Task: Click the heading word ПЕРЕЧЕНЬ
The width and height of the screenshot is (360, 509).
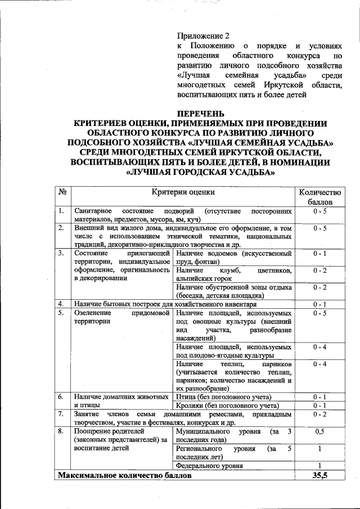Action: coord(200,112)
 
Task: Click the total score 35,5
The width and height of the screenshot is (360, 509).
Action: coord(319,476)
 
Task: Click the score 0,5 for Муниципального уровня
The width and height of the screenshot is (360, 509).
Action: coord(319,431)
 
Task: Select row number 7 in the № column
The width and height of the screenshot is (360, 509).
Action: coord(61,414)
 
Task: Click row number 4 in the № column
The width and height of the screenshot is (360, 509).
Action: coord(61,304)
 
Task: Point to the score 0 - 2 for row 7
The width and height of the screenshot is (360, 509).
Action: coord(319,415)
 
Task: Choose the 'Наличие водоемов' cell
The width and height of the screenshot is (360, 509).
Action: coord(233,257)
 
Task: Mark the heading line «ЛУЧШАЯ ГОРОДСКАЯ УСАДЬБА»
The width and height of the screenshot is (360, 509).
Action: coord(200,173)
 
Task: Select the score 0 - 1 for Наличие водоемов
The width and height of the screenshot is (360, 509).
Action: coord(319,253)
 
